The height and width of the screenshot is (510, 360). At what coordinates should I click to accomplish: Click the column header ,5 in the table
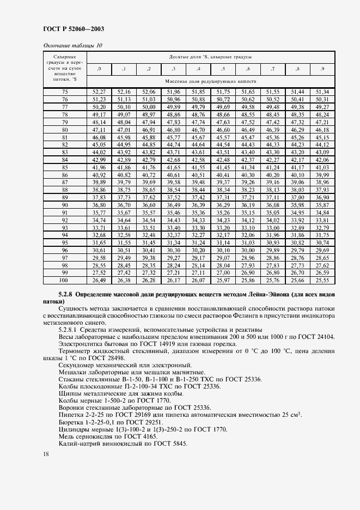tap(223, 69)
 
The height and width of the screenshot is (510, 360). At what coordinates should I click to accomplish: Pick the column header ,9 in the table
tap(323, 69)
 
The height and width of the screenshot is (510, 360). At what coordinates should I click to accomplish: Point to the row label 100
tap(65, 280)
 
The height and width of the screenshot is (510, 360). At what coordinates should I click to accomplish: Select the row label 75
tap(65, 92)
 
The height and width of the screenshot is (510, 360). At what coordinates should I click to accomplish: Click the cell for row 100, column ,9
tap(323, 280)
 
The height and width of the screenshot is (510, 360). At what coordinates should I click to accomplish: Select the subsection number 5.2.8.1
tap(71, 330)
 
